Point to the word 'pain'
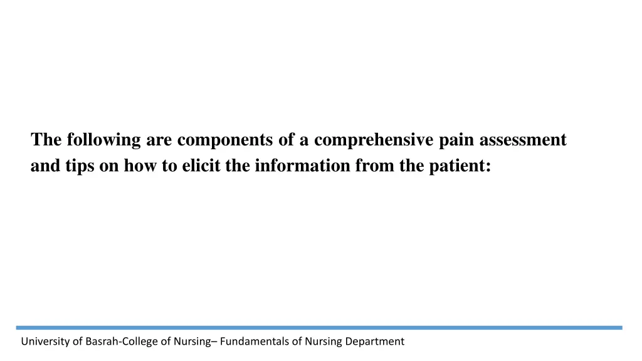(x=457, y=140)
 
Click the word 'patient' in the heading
(x=456, y=166)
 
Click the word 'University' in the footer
(x=46, y=342)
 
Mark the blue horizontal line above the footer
(x=319, y=327)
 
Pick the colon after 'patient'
(x=488, y=167)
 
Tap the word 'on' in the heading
(x=108, y=167)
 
